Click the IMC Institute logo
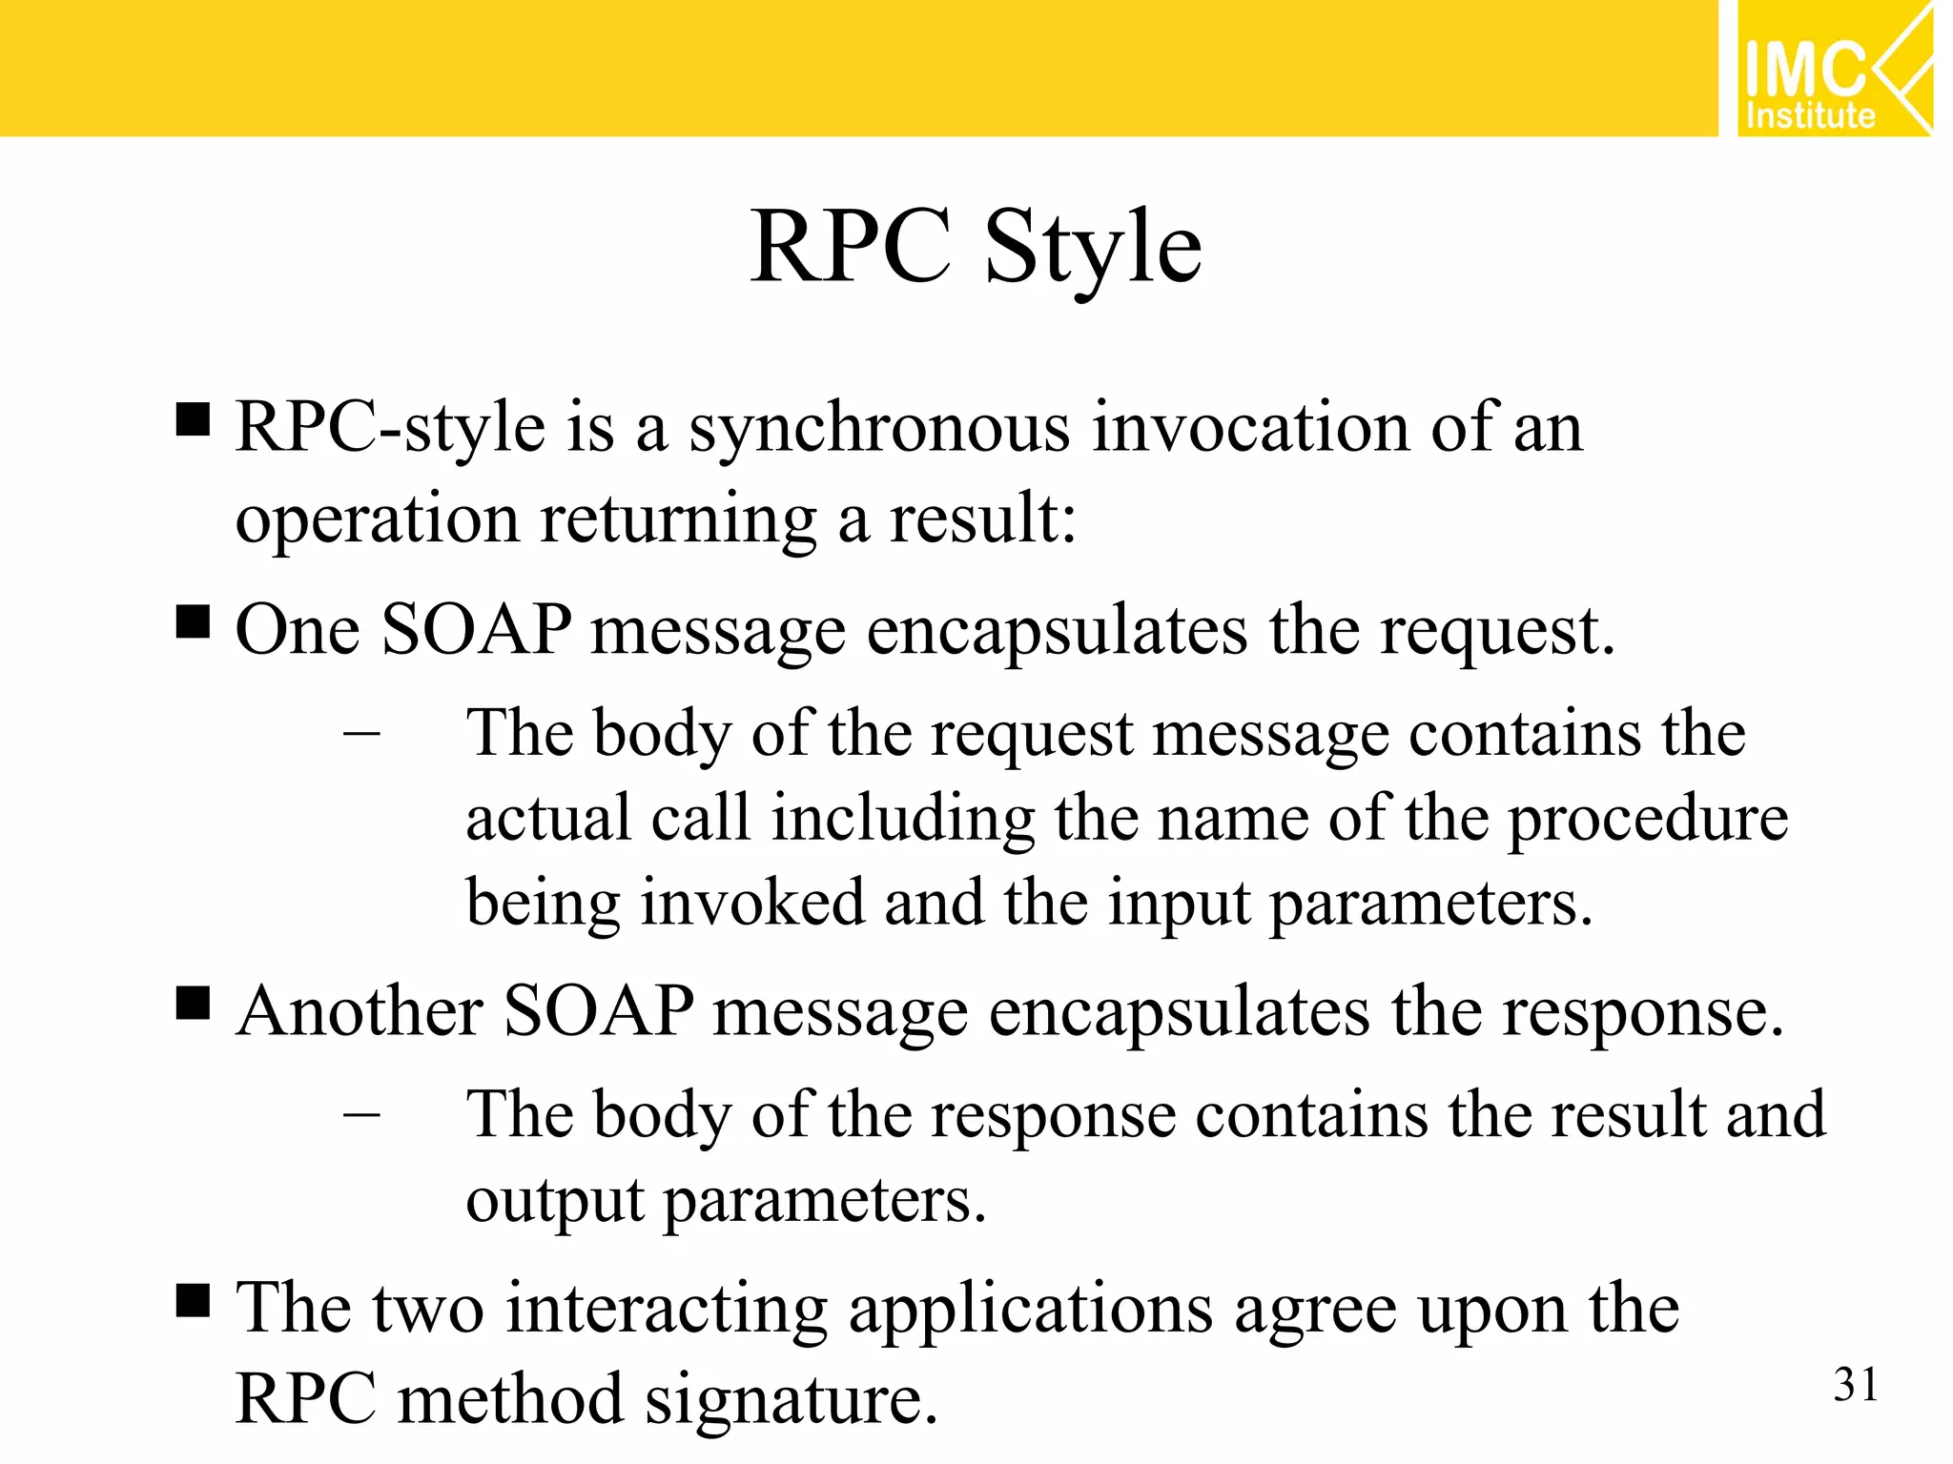[1833, 69]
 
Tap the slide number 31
[1855, 1385]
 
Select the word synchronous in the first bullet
[879, 429]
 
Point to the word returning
[678, 520]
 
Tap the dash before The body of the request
[361, 734]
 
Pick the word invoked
[751, 903]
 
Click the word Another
[360, 1011]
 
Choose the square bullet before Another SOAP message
[194, 1004]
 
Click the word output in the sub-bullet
[555, 1201]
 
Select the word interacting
[666, 1309]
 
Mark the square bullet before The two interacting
[194, 1299]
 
